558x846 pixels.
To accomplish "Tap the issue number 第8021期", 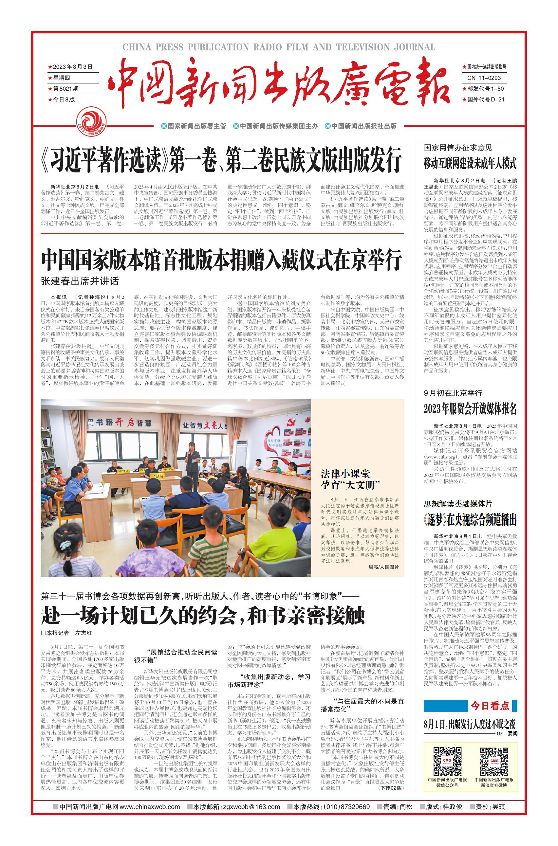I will click(66, 89).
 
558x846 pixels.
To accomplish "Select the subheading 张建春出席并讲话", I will click(80, 281).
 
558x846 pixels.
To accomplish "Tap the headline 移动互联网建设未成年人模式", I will click(470, 164).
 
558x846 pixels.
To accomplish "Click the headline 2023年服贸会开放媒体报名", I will click(470, 409).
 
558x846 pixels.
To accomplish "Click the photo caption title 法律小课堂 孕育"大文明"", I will click(350, 479).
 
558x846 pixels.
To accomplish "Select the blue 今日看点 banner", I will click(470, 706).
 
